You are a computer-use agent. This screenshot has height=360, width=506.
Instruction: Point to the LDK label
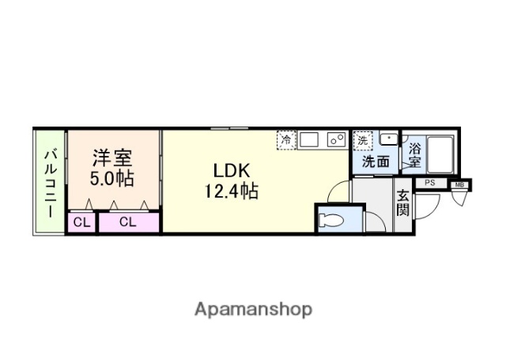230,170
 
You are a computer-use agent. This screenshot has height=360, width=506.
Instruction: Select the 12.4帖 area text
230,191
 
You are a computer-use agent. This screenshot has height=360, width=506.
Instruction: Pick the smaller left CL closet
81,222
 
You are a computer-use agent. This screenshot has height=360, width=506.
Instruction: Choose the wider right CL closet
128,222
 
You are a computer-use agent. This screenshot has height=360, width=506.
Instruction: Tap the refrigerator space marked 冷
285,140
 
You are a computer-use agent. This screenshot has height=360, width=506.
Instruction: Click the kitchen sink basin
308,140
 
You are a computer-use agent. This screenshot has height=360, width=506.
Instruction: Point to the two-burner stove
336,140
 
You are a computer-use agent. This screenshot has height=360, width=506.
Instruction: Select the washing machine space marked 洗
363,140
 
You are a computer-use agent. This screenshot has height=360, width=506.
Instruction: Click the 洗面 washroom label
376,161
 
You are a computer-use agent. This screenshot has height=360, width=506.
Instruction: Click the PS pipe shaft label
429,183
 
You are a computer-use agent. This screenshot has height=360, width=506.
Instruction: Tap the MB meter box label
459,186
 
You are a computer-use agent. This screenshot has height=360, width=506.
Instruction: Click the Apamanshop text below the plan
253,309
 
